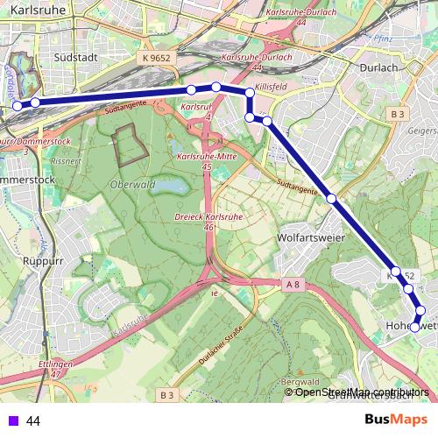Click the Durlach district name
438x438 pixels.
[378, 66]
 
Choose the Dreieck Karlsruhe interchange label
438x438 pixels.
[208, 220]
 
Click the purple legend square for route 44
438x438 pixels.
[11, 420]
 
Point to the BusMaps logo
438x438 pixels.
[396, 420]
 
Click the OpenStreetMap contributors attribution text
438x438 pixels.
[362, 392]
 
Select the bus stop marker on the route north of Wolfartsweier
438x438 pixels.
[332, 199]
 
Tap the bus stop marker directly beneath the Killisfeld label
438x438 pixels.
[250, 92]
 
